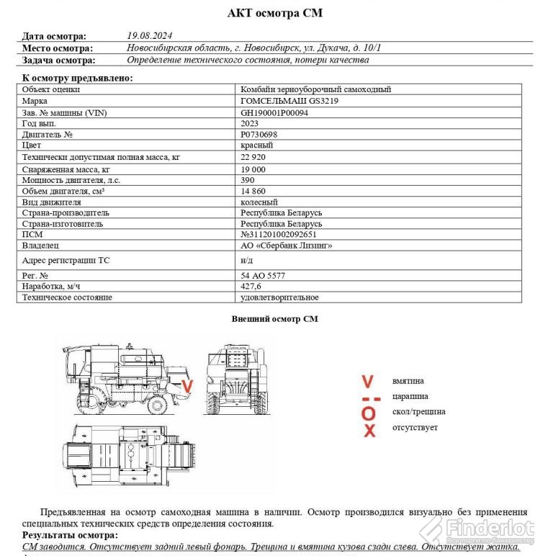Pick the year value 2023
(250, 123)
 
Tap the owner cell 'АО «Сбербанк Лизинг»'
(287, 246)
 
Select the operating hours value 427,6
(251, 286)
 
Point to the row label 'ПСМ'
(32, 234)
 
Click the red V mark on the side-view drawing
(187, 387)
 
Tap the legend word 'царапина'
(410, 396)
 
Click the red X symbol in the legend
(369, 431)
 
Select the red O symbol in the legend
(369, 413)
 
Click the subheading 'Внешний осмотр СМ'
(274, 318)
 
